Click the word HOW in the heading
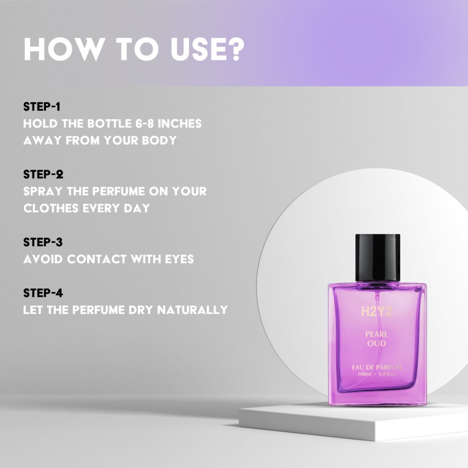[x=63, y=49]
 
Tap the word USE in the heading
[x=196, y=49]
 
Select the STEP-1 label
[x=42, y=106]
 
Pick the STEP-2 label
[x=43, y=174]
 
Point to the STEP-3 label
[x=43, y=242]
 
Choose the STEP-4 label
[x=43, y=293]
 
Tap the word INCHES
[x=180, y=123]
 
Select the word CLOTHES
[x=51, y=208]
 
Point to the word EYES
[x=179, y=259]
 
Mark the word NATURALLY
[x=192, y=310]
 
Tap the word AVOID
[x=43, y=259]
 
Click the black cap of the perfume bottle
[x=378, y=258]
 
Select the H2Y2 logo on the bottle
[x=376, y=312]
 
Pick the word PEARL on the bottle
[x=377, y=334]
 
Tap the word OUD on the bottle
[x=377, y=343]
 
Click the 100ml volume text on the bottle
[x=364, y=374]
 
